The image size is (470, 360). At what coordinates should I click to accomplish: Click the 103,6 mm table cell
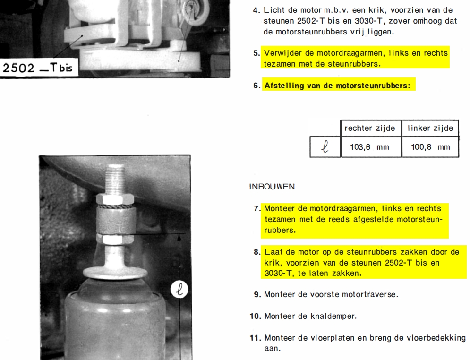[x=371, y=147]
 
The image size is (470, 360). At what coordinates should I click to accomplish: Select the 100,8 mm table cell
[x=430, y=147]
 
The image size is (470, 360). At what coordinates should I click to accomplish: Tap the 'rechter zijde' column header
[x=369, y=129]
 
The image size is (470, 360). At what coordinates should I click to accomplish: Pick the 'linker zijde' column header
[x=430, y=129]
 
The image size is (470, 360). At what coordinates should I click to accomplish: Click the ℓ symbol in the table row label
[x=325, y=147]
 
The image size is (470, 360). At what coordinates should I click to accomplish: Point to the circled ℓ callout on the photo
[x=179, y=290]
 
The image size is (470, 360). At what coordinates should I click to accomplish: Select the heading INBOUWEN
[x=272, y=187]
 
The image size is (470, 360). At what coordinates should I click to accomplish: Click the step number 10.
[x=256, y=316]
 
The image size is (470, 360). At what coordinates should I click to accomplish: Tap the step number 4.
[x=256, y=10]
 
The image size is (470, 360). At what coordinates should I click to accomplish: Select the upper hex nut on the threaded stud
[x=115, y=198]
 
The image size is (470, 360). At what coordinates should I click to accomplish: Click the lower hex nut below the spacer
[x=115, y=240]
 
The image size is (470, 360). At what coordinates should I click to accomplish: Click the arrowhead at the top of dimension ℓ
[x=179, y=237]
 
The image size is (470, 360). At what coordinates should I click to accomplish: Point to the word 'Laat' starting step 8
[x=273, y=252]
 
